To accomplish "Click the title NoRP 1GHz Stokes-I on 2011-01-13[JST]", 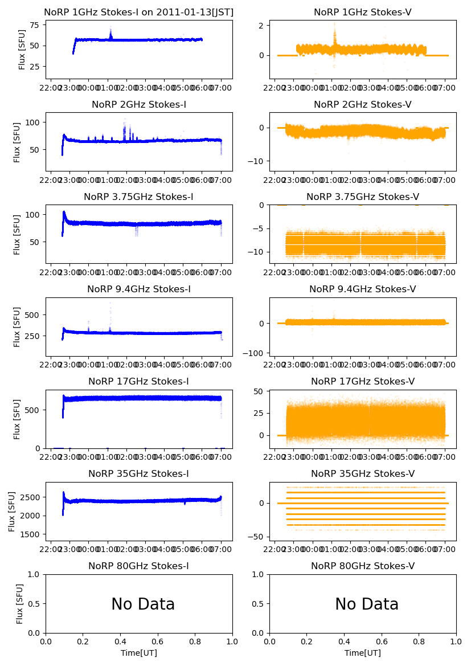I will coord(139,13).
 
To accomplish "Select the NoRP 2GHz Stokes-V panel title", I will coord(363,105).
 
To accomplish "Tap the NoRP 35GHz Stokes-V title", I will coord(363,474).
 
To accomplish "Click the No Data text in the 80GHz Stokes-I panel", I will coord(143,604).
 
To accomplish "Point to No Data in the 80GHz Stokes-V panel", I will coord(367,604).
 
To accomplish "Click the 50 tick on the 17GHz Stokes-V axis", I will coord(260,391).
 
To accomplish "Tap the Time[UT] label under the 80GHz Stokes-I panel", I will coord(139,653).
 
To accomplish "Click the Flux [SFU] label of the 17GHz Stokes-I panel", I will coord(17,419).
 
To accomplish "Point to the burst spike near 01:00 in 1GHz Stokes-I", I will coord(110,33).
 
